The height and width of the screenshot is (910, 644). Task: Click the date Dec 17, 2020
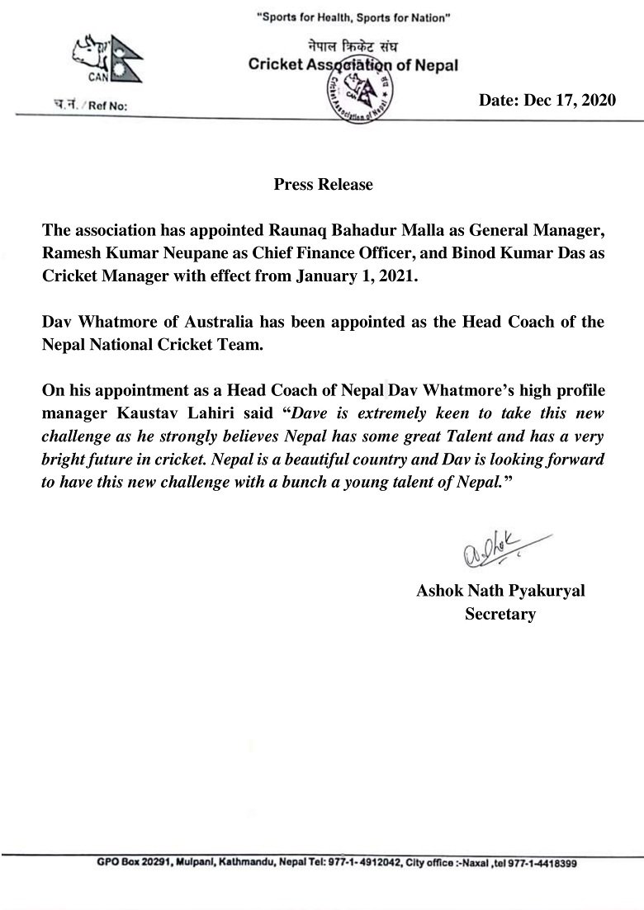click(547, 100)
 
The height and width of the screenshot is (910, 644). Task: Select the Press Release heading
click(323, 184)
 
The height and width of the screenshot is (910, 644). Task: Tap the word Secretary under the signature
click(500, 614)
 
